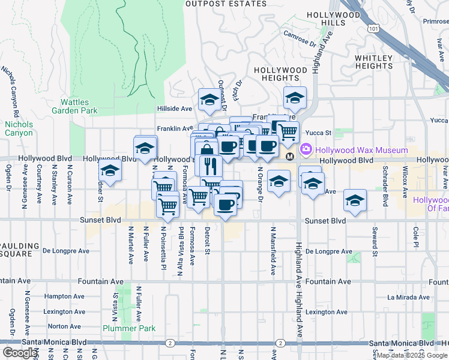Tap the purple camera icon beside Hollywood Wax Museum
[x=306, y=149]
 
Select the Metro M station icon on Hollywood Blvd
[x=290, y=157]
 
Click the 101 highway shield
[x=375, y=28]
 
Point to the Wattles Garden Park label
[x=74, y=106]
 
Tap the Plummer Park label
[x=128, y=328]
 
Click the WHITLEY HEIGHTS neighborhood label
[x=373, y=62]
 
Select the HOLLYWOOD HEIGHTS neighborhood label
[x=280, y=74]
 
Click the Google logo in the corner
[x=20, y=353]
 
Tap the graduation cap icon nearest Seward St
[x=355, y=201]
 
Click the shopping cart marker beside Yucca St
[x=288, y=131]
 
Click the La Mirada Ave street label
[x=409, y=296]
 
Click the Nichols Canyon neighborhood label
[x=19, y=129]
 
